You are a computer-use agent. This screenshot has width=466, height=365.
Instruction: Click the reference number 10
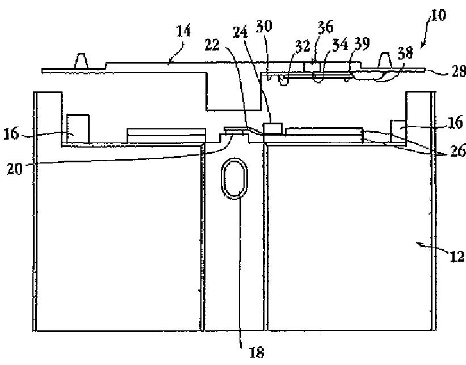(x=438, y=15)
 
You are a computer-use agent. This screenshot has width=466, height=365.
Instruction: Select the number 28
(x=457, y=72)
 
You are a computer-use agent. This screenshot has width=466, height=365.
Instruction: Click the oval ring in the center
(x=233, y=178)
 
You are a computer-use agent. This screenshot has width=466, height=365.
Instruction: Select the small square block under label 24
(x=274, y=129)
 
